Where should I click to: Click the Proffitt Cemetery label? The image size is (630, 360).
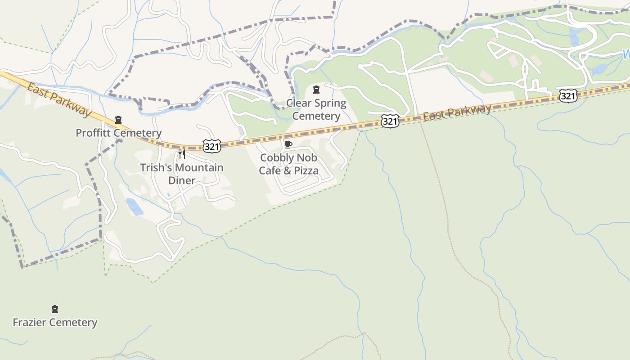pyautogui.click(x=118, y=133)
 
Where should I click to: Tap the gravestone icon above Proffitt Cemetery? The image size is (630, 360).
pyautogui.click(x=118, y=120)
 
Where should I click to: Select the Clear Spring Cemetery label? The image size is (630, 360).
pyautogui.click(x=316, y=109)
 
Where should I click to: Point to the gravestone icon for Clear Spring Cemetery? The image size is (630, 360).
pyautogui.click(x=316, y=90)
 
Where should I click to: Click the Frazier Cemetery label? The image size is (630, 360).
pyautogui.click(x=55, y=322)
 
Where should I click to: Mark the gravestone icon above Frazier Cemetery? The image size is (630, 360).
pyautogui.click(x=55, y=309)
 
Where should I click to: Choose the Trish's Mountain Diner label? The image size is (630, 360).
pyautogui.click(x=181, y=174)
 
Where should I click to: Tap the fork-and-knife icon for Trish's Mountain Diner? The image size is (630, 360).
pyautogui.click(x=182, y=154)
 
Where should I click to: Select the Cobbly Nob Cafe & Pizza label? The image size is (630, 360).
pyautogui.click(x=288, y=164)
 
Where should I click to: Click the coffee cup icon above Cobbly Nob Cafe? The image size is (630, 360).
pyautogui.click(x=288, y=144)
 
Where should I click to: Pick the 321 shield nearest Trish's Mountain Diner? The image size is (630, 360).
pyautogui.click(x=211, y=146)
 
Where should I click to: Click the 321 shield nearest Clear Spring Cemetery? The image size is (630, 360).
pyautogui.click(x=390, y=121)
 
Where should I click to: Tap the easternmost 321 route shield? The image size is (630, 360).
pyautogui.click(x=568, y=95)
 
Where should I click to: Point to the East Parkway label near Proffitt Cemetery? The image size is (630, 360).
pyautogui.click(x=58, y=99)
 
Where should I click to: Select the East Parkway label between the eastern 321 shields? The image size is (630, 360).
pyautogui.click(x=457, y=112)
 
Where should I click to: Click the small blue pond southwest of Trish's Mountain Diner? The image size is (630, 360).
pyautogui.click(x=134, y=206)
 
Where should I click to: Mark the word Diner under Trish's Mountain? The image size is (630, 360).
pyautogui.click(x=181, y=180)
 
